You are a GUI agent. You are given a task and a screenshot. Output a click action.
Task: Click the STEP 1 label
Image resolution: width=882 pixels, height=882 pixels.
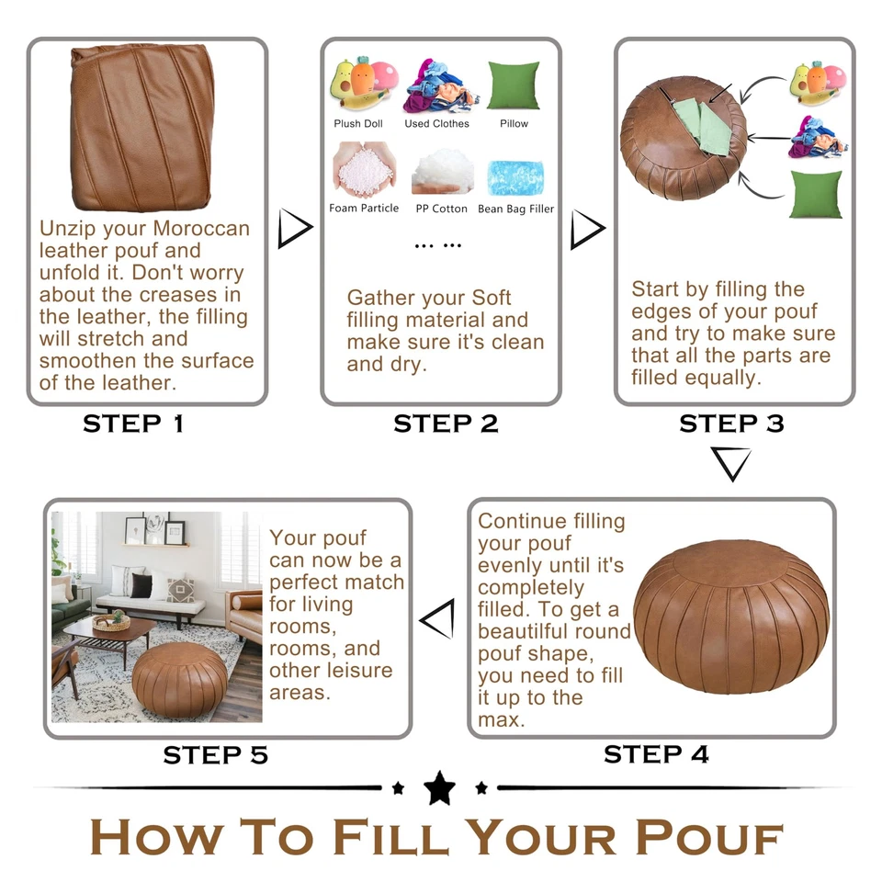tap(133, 424)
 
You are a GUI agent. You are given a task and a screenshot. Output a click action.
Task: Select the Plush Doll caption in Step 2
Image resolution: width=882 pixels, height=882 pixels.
tap(358, 123)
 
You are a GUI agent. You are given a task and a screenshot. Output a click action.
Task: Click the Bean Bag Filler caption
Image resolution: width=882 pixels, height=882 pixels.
tap(515, 209)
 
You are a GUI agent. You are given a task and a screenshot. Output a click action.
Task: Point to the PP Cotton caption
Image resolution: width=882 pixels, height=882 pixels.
tap(441, 209)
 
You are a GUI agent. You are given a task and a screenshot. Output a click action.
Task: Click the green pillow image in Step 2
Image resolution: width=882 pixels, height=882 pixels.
tap(514, 85)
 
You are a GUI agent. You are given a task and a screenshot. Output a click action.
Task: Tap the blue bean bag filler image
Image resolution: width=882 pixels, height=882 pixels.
tap(515, 176)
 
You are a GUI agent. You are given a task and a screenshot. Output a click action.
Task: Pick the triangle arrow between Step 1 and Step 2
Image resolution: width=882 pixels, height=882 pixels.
tap(293, 229)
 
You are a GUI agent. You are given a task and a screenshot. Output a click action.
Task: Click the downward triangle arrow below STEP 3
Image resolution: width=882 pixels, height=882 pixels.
tap(730, 463)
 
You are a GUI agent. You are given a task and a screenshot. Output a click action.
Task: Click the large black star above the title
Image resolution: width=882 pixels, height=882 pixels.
tap(439, 788)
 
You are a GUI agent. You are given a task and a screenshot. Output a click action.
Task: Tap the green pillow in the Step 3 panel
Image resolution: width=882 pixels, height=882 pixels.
tap(814, 195)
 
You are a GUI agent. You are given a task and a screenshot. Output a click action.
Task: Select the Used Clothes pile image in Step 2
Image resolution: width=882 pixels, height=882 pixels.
tap(435, 87)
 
